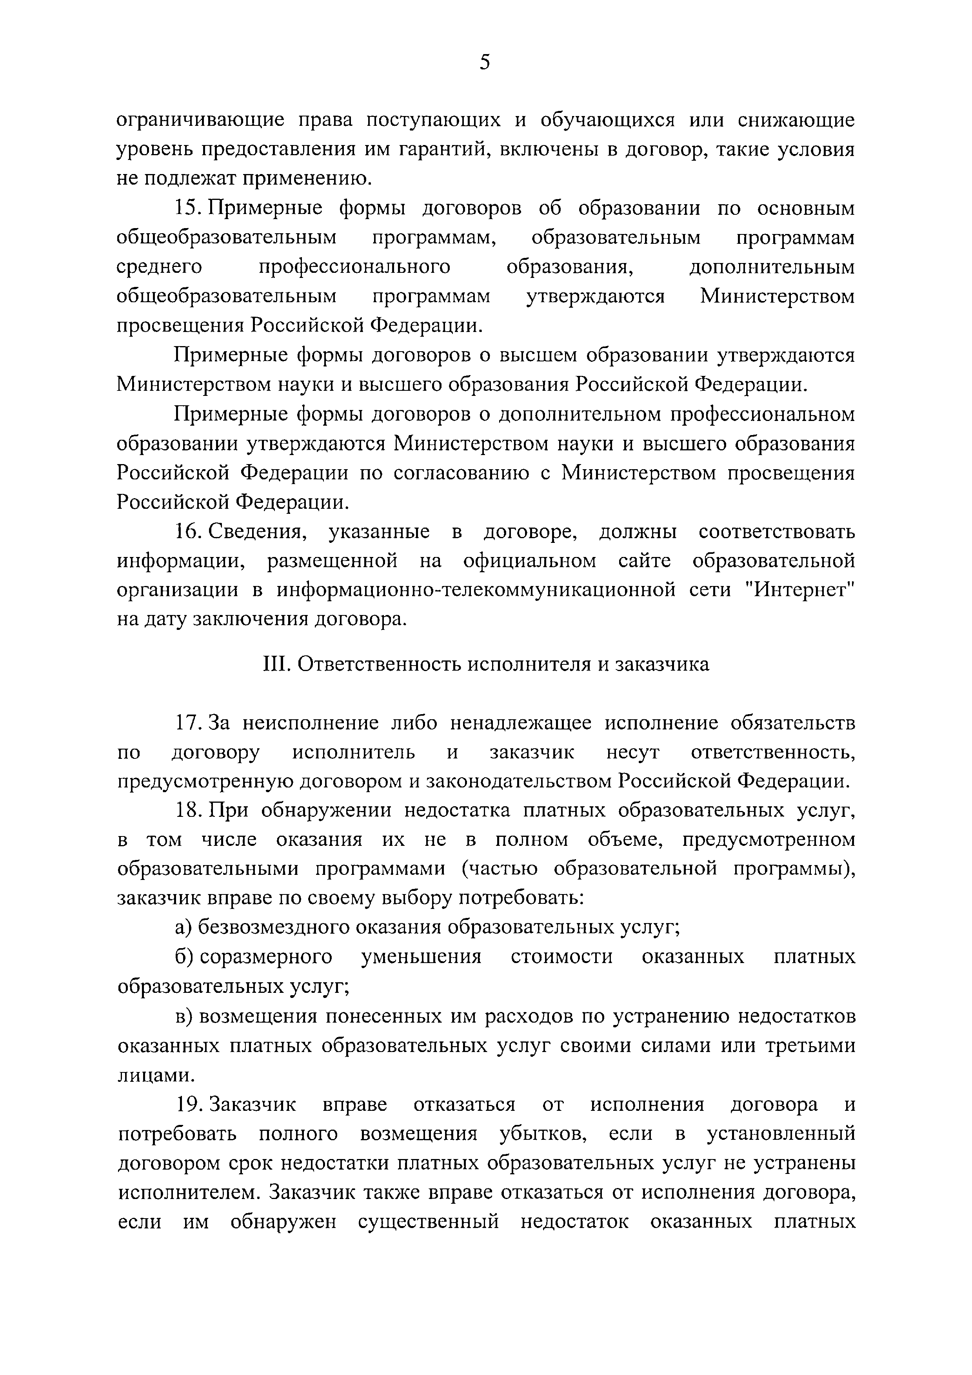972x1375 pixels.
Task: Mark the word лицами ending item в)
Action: coord(156,1076)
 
